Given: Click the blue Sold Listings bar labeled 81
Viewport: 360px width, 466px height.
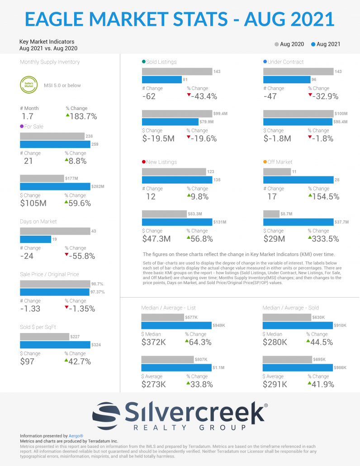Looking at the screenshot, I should [161, 80].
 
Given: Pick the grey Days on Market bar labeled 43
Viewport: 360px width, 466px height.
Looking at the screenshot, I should [54, 231].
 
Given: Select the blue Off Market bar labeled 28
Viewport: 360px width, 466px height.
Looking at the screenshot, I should [298, 180].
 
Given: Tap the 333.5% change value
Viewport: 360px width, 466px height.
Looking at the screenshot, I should [323, 238].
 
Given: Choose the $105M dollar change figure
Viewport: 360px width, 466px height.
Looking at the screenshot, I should [33, 203].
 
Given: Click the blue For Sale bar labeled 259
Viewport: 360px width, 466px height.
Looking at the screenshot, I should [54, 144].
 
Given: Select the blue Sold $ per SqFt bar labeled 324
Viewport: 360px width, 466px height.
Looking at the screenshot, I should [54, 345].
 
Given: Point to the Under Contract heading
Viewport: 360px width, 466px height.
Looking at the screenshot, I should [286, 62].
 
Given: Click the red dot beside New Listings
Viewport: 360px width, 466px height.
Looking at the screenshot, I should [144, 162].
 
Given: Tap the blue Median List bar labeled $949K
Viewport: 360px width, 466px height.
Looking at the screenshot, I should [176, 326].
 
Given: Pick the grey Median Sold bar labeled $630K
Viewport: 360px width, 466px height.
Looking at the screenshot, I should [287, 318].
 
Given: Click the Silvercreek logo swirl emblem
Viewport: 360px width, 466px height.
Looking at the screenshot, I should [107, 413].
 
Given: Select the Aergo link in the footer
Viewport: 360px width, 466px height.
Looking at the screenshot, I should [76, 436].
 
